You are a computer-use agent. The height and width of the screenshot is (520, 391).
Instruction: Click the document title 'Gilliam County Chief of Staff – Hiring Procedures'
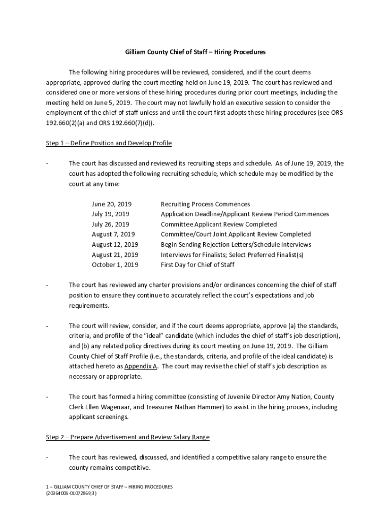tap(195, 52)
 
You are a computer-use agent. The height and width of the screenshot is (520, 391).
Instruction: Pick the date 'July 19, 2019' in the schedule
tap(110, 214)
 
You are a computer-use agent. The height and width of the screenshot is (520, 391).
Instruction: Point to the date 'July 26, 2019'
tap(110, 224)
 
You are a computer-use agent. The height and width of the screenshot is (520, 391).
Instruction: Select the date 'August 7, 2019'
tap(113, 234)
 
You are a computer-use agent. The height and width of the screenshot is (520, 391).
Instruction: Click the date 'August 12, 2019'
tap(115, 244)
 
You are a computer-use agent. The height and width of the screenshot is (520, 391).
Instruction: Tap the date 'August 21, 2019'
tap(115, 254)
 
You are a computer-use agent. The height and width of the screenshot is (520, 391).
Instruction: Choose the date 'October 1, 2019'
tap(115, 265)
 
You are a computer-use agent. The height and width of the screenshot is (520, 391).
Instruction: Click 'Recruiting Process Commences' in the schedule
tap(205, 204)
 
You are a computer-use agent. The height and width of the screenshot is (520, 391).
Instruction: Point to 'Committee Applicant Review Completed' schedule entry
tap(219, 224)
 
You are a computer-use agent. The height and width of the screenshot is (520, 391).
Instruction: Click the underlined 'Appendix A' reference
tap(141, 366)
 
